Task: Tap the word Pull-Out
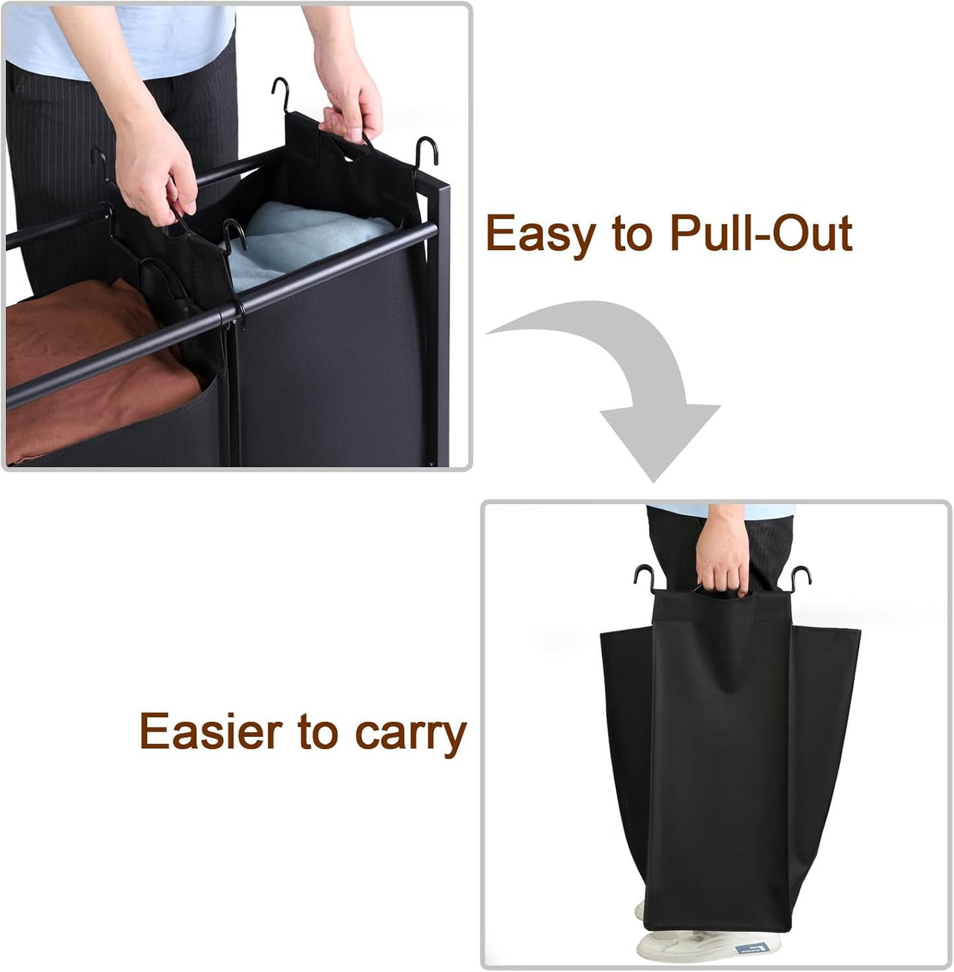(762, 232)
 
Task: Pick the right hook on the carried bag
(800, 580)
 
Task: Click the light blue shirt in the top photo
(121, 38)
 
